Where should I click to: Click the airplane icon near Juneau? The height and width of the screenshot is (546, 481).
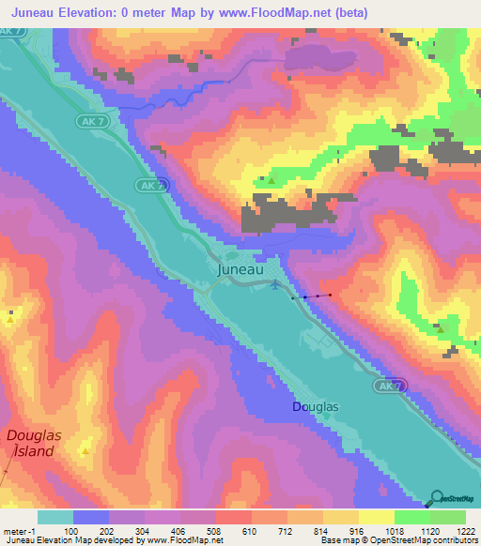(x=273, y=284)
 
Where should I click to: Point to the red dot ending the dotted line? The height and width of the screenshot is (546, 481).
(x=330, y=295)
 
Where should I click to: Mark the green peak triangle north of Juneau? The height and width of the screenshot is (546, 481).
(x=272, y=180)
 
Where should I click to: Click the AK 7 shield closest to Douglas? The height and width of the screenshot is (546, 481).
(x=389, y=386)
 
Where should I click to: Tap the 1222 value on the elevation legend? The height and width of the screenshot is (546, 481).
(x=453, y=531)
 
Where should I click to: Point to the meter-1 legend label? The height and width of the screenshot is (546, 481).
(x=18, y=531)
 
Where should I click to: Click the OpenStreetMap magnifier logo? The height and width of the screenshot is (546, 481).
(x=438, y=498)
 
